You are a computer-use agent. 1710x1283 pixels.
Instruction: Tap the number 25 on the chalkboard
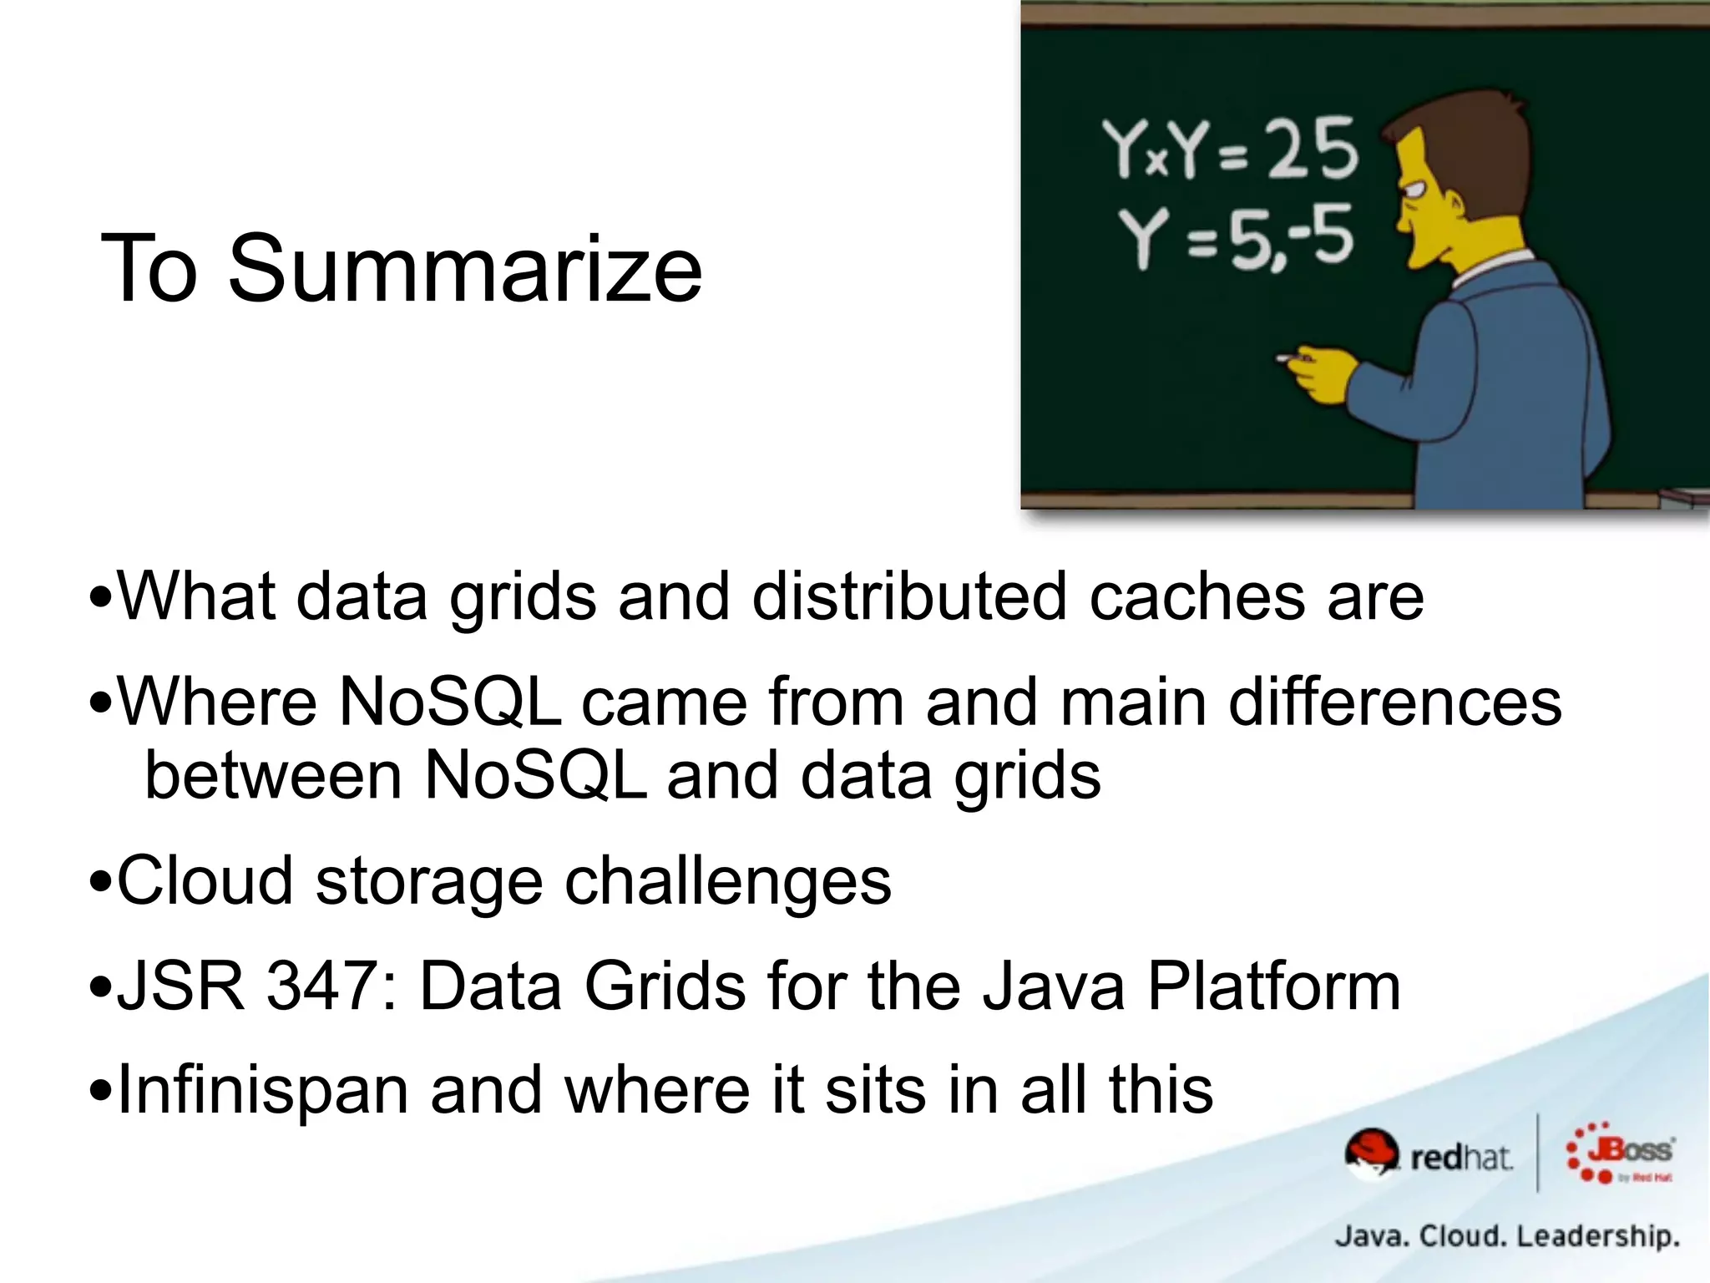click(x=1313, y=150)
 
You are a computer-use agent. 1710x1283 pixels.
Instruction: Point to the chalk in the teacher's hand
click(x=1286, y=359)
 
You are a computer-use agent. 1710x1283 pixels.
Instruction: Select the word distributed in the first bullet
click(x=909, y=596)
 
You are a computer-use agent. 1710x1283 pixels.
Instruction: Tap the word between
click(x=274, y=775)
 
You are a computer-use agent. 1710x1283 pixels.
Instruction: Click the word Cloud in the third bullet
click(x=205, y=880)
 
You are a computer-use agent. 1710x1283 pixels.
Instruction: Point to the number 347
click(x=322, y=986)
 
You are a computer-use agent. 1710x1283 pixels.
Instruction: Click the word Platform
click(x=1273, y=986)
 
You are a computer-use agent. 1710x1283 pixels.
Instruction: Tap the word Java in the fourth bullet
click(x=1053, y=986)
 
